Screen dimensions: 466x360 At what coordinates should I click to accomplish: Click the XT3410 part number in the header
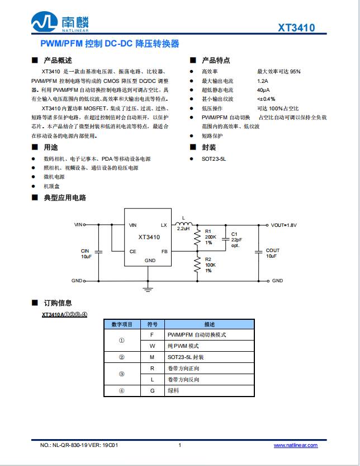(x=296, y=28)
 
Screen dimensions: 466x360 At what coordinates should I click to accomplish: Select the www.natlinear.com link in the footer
(x=295, y=445)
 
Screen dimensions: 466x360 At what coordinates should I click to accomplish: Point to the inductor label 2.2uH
(x=183, y=229)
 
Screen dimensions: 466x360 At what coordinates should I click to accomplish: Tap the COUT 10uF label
(x=272, y=253)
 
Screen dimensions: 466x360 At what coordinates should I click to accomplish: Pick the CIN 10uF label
(x=86, y=253)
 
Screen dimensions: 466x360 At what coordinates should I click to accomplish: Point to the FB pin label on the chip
(x=164, y=251)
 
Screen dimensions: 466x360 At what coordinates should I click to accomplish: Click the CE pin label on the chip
(x=132, y=251)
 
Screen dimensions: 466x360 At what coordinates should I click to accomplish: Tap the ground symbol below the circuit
(x=148, y=289)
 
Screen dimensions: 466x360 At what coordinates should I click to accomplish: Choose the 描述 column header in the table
(x=209, y=324)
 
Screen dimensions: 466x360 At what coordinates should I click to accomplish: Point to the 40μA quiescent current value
(x=263, y=90)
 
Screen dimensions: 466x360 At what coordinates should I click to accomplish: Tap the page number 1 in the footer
(x=179, y=445)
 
